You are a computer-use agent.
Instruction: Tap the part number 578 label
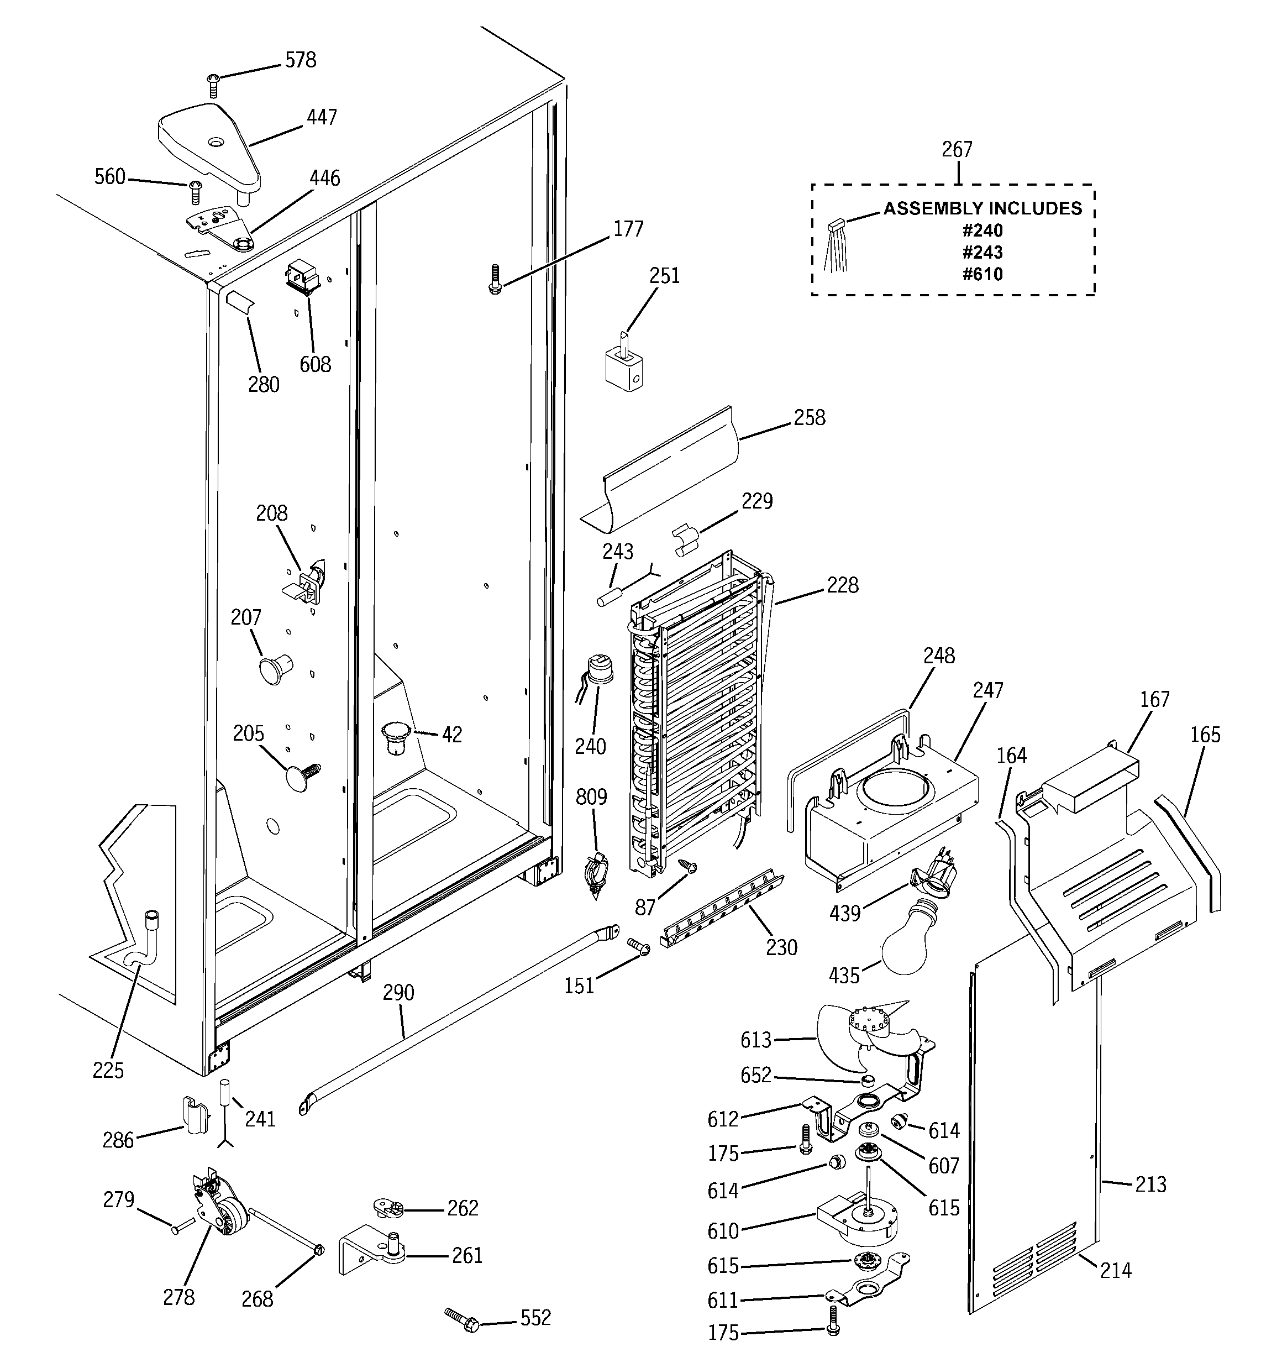coord(301,61)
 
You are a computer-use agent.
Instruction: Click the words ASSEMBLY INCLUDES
coord(982,208)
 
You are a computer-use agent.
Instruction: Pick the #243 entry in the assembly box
coord(982,252)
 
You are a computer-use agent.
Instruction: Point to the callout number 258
coord(809,418)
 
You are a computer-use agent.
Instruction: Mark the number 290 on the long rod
coord(398,992)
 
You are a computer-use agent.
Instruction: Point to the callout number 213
coord(1150,1184)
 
